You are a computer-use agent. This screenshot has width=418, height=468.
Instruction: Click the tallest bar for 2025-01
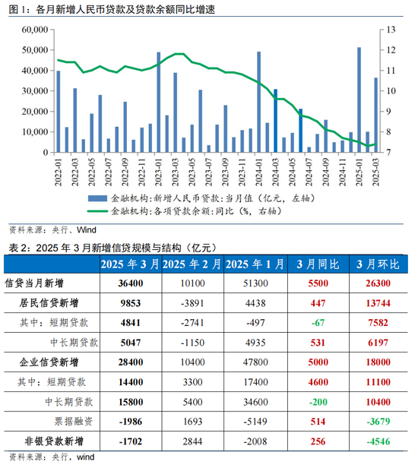[359, 100]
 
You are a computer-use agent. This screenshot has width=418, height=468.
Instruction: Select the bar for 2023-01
[159, 103]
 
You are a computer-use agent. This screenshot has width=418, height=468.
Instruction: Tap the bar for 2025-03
[376, 115]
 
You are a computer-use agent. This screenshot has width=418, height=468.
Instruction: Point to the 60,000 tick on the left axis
[35, 30]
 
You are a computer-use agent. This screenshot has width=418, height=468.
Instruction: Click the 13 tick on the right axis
[391, 30]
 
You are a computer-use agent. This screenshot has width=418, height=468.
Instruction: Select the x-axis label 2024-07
[309, 172]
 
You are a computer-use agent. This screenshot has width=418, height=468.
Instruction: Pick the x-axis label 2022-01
[59, 172]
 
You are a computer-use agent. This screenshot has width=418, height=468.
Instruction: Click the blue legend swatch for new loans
[97, 198]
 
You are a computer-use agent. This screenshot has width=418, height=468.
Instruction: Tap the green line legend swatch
[97, 211]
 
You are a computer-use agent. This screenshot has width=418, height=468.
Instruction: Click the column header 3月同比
[318, 264]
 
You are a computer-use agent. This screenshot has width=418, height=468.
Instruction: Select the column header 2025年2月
[192, 264]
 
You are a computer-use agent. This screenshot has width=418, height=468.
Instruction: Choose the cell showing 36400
[131, 283]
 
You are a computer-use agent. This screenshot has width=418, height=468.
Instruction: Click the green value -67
[318, 323]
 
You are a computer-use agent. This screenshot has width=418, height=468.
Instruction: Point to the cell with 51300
[255, 283]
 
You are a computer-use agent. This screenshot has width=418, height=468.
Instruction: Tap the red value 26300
[378, 283]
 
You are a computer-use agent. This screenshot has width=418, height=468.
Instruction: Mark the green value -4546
[378, 441]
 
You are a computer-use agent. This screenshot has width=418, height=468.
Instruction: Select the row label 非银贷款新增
[54, 441]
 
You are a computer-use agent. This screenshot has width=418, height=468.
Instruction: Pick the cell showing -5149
[255, 422]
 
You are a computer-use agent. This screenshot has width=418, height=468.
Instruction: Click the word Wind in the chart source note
[87, 229]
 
